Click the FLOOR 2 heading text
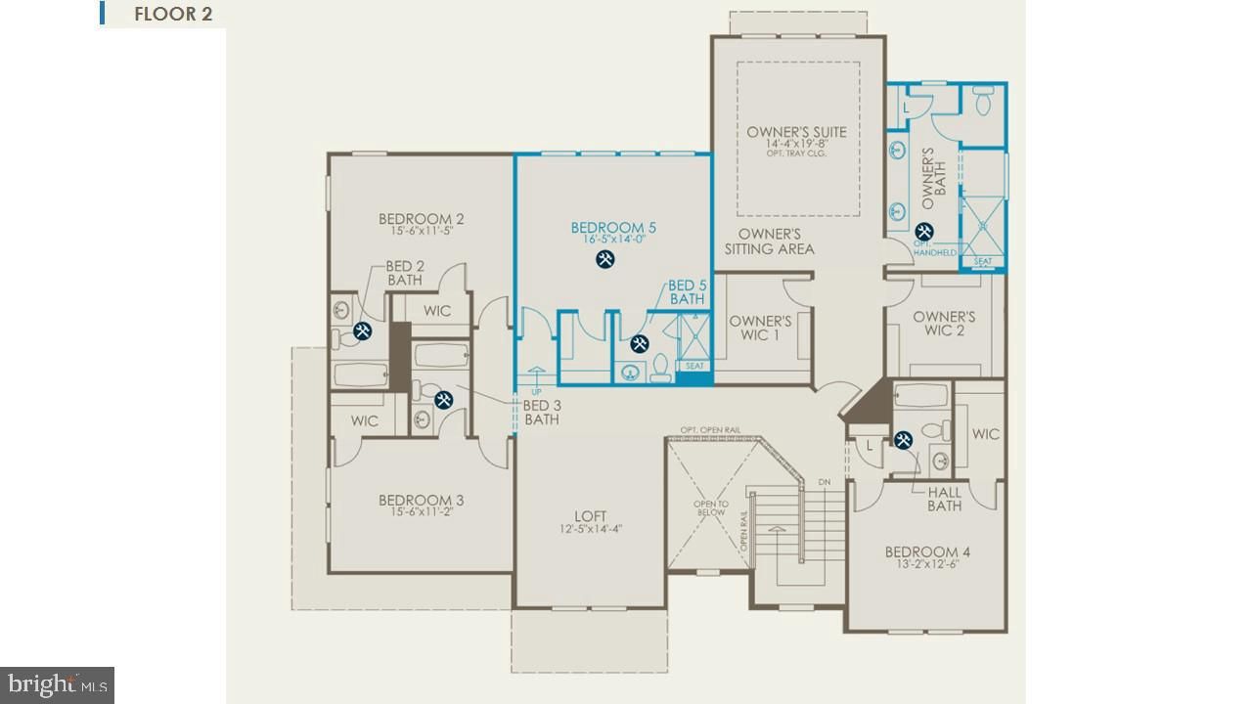pos(172,15)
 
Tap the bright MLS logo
pos(57,683)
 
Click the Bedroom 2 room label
pos(421,219)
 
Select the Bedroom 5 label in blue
pos(613,228)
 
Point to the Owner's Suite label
pos(796,132)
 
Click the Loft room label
pos(590,516)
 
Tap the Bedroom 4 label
pos(927,551)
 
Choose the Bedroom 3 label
pos(421,501)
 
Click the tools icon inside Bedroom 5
pos(605,259)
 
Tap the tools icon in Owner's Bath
pos(923,232)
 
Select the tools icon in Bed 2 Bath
pos(363,331)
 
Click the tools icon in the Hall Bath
pos(903,440)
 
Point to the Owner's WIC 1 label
pos(760,329)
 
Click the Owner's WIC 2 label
pos(944,324)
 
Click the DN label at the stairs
pos(824,482)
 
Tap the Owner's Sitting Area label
pos(769,242)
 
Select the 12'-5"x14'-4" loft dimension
pos(590,529)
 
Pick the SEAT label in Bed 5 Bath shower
pos(693,366)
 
